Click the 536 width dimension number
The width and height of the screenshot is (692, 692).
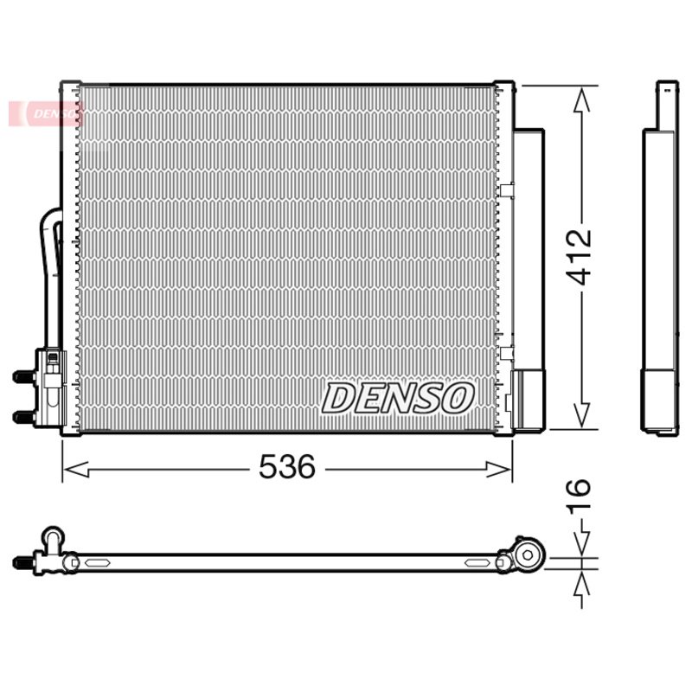click(x=287, y=466)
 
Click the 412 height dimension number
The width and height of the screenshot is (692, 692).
click(x=579, y=257)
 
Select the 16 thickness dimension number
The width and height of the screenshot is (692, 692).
click(x=579, y=496)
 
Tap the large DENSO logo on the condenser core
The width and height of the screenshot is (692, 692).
click(x=398, y=398)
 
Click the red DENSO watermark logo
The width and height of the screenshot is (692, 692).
click(x=46, y=113)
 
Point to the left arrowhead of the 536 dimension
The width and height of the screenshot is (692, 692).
click(x=76, y=469)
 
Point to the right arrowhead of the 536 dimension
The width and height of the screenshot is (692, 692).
click(x=498, y=469)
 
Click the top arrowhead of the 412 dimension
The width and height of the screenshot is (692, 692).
click(x=581, y=99)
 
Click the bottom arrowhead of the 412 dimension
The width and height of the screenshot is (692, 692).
click(x=581, y=414)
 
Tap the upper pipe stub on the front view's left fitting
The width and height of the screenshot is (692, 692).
click(x=24, y=376)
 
